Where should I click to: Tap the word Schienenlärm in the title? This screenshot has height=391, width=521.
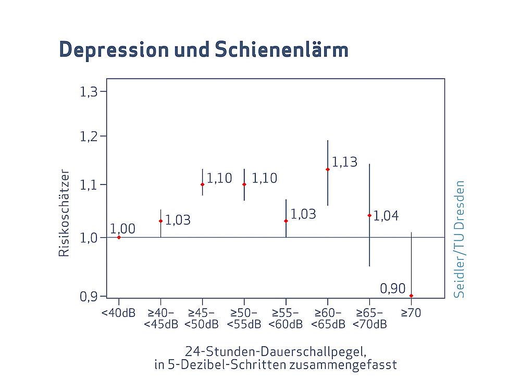point(280,50)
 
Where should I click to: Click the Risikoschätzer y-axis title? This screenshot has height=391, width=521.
point(64,212)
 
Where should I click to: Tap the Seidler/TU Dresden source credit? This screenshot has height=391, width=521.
point(459,239)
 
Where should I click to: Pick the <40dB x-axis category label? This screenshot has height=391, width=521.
point(118,313)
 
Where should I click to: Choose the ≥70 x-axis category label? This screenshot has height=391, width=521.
point(411,313)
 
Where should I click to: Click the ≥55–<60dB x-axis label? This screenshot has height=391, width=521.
point(286,319)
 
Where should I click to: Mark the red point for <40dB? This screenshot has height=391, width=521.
point(119,237)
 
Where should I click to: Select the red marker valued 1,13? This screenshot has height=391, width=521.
point(328,169)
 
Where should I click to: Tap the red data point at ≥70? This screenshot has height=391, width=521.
point(411,296)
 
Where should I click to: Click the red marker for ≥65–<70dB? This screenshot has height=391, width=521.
point(369,215)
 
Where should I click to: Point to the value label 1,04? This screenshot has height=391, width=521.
point(386,216)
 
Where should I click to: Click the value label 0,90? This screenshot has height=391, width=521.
point(392,288)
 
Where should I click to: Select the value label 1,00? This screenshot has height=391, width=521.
point(122,229)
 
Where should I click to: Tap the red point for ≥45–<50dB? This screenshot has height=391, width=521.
point(202,185)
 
